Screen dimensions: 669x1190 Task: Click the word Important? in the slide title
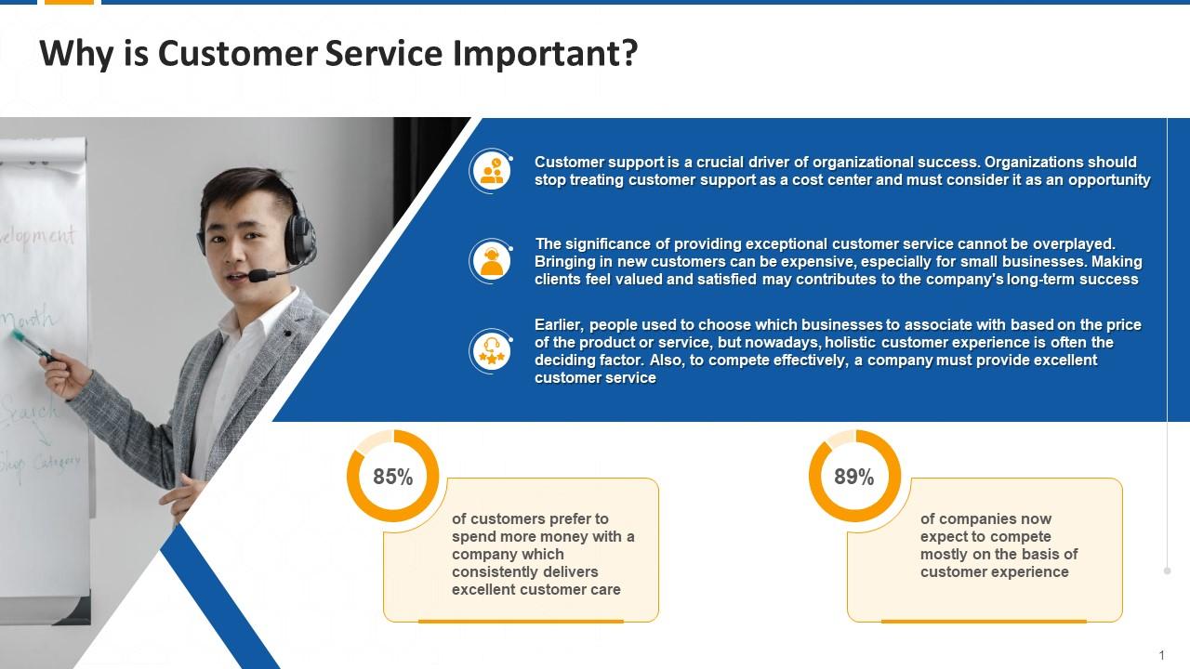[x=545, y=54]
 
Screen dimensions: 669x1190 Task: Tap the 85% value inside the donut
[x=392, y=477]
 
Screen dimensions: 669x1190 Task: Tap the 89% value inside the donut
[x=853, y=477]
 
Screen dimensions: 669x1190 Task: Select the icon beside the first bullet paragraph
[x=491, y=171]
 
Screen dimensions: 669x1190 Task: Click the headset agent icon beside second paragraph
[x=491, y=261]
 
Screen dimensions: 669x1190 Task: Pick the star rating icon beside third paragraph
[x=491, y=351]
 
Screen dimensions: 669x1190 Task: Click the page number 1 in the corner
[x=1161, y=656]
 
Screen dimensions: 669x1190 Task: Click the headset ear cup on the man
[x=299, y=239]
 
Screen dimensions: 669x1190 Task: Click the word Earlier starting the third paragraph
[x=558, y=325]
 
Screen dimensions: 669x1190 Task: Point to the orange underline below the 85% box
[x=521, y=621]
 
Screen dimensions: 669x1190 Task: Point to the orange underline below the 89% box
[x=984, y=621]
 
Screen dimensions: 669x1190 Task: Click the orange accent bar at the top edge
[x=69, y=3]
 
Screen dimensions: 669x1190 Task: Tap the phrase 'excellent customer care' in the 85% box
[x=535, y=590]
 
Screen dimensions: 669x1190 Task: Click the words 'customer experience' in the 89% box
[x=994, y=572]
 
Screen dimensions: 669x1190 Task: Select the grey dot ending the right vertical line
[x=1167, y=571]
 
